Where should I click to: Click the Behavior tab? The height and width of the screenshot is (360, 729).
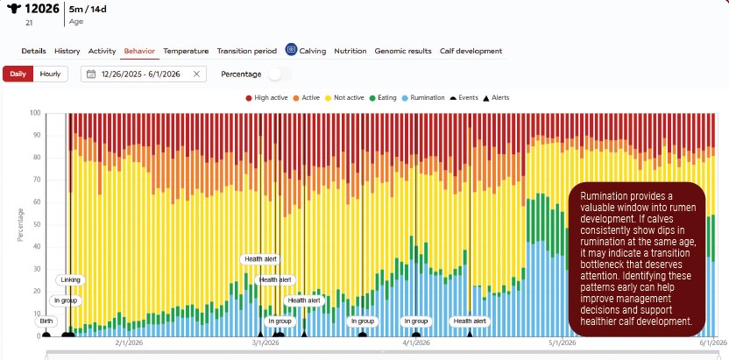point(139,51)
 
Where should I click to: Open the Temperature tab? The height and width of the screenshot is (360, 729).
point(186,51)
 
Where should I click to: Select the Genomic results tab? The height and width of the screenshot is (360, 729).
point(403,51)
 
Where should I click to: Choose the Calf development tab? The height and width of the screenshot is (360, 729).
point(471,51)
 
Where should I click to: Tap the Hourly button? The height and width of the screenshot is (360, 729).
point(50,74)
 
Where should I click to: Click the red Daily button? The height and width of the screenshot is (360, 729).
point(18,74)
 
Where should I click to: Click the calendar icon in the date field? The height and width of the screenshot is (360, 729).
point(91,74)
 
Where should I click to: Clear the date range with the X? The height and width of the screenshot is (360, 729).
point(196,74)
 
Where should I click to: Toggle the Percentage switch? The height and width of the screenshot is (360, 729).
point(280,74)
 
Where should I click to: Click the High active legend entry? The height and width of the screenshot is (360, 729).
point(267,98)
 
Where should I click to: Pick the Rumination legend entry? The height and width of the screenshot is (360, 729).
point(423,98)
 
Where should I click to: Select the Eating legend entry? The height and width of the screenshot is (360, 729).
point(383,98)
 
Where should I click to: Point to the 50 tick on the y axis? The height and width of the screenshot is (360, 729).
point(36,225)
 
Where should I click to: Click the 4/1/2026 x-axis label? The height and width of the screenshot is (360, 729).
point(416,343)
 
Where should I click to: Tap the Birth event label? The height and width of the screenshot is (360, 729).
point(46,321)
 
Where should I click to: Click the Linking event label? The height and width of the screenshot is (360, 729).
point(71,280)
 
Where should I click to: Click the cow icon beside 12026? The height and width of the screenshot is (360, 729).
point(14,9)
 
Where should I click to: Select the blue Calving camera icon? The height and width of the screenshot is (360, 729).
point(291,50)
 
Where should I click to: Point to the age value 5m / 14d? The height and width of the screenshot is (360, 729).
point(88,9)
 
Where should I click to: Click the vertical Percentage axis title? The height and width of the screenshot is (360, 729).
point(20,225)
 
